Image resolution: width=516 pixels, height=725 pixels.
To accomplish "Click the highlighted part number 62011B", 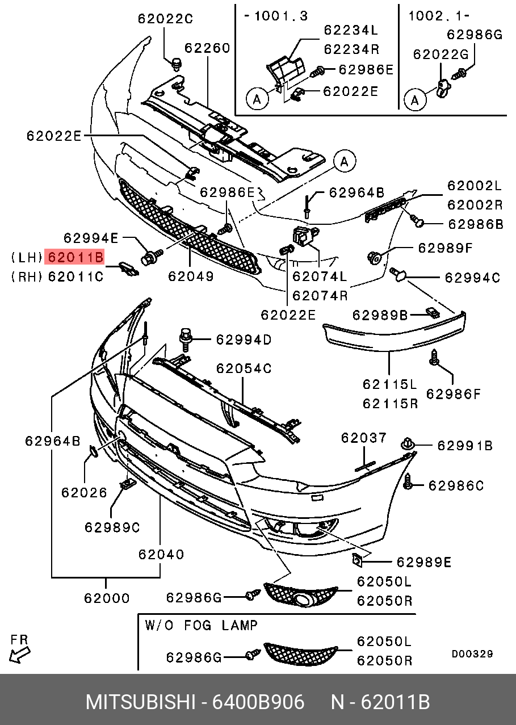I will pos(75,257).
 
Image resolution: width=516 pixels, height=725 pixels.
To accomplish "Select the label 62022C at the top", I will pos(165,19).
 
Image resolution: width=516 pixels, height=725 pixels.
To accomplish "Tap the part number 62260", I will pos(207,48).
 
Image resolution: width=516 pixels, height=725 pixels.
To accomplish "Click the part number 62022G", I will pos(440,54).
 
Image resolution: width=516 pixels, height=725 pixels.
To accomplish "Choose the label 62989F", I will pos(445,248).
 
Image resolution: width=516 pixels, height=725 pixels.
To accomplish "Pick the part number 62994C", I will pos(472,278).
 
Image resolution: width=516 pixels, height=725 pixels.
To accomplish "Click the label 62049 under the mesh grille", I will pos(190,276).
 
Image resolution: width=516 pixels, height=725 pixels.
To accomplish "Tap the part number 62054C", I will pos(244,368).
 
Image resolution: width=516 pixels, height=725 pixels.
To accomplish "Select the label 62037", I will pos(363,438).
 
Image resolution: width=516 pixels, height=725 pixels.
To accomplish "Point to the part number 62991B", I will pos(464,446).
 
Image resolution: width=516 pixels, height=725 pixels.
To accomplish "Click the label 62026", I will pos(84,492).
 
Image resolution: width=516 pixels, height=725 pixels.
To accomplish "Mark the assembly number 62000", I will pos(107,598).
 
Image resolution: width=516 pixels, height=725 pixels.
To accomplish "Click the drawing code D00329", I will pos(472,654).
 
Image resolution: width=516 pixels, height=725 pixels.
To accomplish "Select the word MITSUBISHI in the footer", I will pos(140,702).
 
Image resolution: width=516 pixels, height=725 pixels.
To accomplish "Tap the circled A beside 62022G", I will pos(415,100).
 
